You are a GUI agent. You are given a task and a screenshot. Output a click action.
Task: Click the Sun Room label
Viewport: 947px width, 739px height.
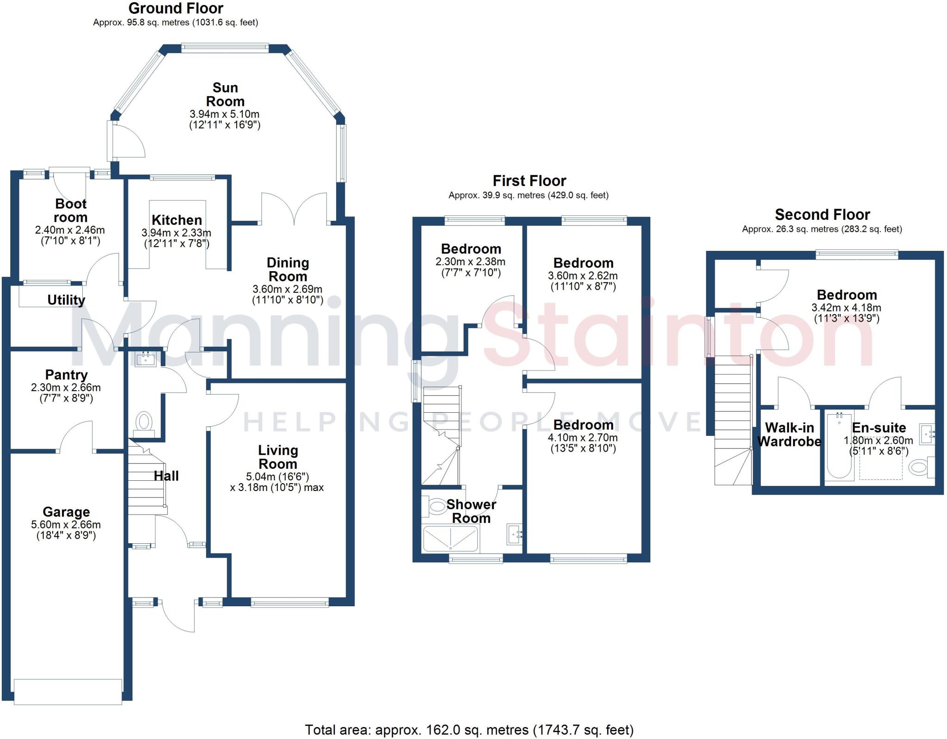click(x=225, y=94)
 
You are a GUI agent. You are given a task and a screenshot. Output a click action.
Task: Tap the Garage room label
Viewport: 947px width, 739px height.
click(x=66, y=512)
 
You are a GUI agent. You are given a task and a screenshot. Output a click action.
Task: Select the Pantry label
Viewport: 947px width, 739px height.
click(x=66, y=375)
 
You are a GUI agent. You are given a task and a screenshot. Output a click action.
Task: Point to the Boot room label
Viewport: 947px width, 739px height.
click(x=70, y=211)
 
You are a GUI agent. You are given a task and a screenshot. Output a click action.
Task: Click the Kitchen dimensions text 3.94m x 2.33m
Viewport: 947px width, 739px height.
click(x=176, y=233)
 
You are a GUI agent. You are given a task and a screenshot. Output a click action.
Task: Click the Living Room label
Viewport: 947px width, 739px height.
click(x=277, y=457)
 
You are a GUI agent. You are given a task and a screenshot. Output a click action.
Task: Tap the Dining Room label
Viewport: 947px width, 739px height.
click(x=288, y=269)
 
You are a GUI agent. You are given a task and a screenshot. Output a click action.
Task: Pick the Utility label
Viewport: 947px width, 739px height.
click(x=66, y=300)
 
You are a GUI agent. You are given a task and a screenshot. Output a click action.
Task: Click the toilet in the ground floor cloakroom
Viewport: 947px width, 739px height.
click(x=143, y=422)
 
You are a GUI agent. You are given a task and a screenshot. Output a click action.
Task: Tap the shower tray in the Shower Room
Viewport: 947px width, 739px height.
click(x=450, y=539)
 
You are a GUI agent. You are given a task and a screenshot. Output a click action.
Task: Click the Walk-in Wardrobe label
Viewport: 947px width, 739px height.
click(x=789, y=435)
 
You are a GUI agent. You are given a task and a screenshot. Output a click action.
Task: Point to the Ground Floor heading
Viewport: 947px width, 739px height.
click(x=176, y=8)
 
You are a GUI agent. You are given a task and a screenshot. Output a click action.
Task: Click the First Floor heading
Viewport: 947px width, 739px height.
click(x=529, y=180)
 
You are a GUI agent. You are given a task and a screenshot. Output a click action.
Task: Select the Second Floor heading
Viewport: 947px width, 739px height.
click(x=822, y=215)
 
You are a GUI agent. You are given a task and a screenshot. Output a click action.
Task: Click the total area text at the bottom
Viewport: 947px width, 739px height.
click(x=469, y=730)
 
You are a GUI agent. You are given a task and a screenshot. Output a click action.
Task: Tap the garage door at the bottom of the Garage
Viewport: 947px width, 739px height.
click(x=68, y=691)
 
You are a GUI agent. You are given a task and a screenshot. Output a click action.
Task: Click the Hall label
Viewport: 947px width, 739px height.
click(x=166, y=476)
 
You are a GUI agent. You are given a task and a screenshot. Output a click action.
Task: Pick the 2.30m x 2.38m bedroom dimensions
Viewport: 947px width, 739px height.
click(x=470, y=261)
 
